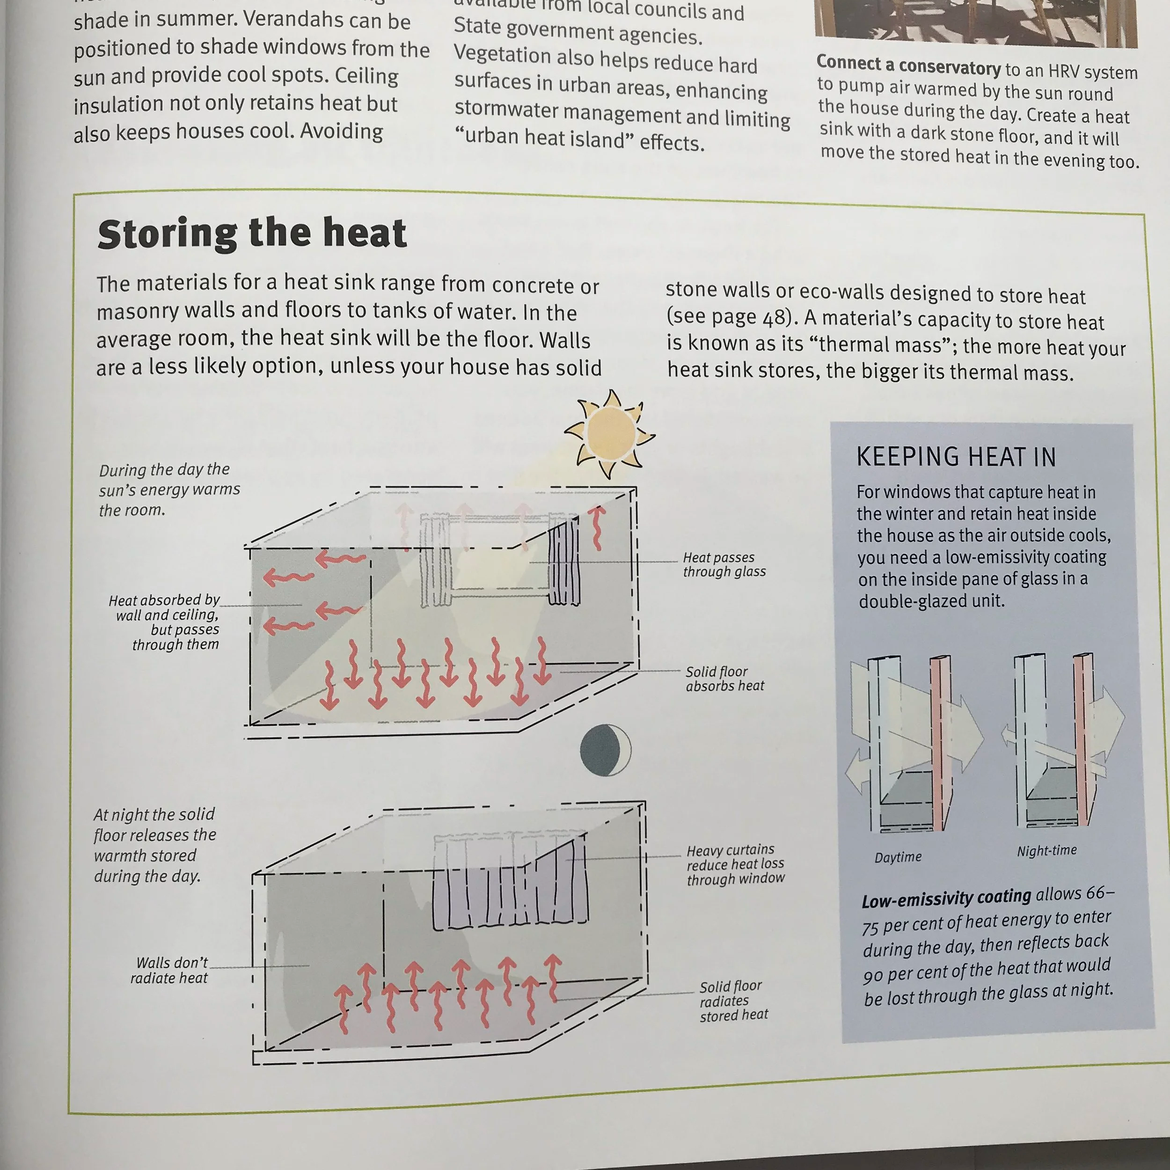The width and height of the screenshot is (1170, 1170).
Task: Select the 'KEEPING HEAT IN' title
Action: point(956,457)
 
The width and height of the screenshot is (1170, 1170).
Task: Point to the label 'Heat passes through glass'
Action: point(724,564)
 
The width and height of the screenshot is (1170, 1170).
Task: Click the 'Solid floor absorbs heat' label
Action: point(724,679)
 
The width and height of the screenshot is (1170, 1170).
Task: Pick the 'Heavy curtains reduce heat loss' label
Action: point(735,864)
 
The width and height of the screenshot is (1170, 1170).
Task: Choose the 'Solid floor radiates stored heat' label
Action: point(733,1001)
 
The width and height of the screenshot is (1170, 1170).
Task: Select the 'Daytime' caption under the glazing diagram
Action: point(898,857)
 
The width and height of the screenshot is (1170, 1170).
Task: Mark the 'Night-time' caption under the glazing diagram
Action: point(1046,851)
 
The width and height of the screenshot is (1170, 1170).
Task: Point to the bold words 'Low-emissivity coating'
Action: point(946,898)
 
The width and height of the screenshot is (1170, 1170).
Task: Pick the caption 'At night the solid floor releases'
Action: point(154,845)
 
